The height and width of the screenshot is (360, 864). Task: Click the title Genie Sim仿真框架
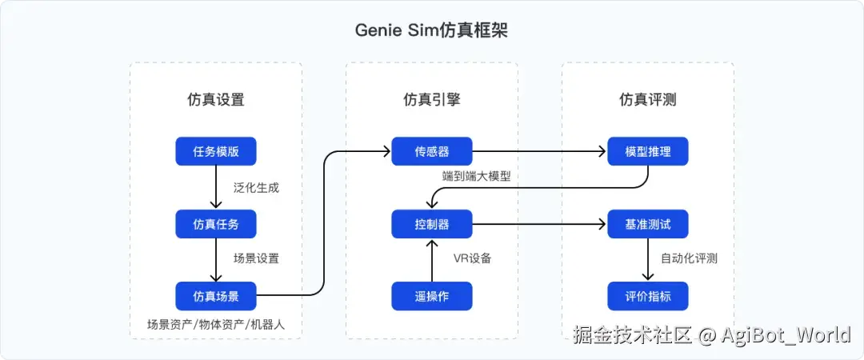point(431,30)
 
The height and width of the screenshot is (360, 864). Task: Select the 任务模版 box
point(216,152)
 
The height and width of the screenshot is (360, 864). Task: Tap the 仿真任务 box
point(216,224)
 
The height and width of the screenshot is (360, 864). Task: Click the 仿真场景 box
point(216,296)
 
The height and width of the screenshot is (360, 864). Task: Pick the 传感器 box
point(431,152)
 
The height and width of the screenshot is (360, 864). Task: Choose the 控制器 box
point(431,224)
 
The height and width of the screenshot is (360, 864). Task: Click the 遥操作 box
point(431,296)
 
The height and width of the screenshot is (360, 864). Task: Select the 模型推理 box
point(647,152)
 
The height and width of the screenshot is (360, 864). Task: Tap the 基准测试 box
point(647,224)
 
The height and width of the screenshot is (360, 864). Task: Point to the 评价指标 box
point(647,296)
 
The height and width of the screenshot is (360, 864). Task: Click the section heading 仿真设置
point(216,100)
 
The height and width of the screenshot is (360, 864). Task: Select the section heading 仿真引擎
point(431,100)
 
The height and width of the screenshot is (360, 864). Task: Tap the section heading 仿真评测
point(647,100)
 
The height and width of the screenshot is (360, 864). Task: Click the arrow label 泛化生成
point(256,188)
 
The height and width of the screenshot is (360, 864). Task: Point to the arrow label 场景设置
point(256,259)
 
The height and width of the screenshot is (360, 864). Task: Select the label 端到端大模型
point(476,176)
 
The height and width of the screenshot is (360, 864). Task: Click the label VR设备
point(472,259)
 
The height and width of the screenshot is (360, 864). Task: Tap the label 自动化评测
point(689,259)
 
